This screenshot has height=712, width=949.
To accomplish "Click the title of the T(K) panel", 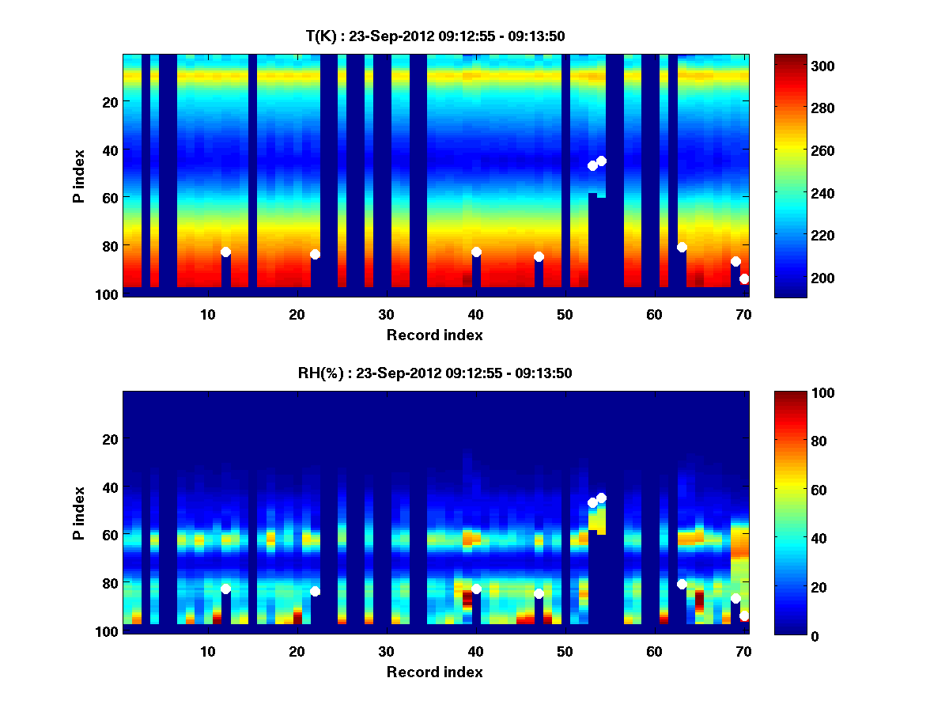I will [435, 36].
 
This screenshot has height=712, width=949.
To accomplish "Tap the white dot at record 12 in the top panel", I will [225, 252].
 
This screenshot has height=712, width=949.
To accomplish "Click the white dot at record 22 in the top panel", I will [315, 254].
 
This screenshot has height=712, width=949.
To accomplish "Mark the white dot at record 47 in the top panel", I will [539, 256].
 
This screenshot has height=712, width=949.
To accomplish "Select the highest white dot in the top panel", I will [601, 161].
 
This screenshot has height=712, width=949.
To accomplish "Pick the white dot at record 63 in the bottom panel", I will [682, 584].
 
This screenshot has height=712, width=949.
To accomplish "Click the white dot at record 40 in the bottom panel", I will [476, 589].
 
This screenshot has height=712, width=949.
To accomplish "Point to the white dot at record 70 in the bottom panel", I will [744, 615].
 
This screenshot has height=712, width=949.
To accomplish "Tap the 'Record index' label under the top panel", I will [434, 335].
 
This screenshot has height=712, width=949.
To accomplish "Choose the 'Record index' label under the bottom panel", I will [434, 672].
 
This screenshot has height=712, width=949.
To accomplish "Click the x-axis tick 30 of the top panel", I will [386, 314].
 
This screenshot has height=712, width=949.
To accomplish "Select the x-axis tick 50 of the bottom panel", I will [565, 651].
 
